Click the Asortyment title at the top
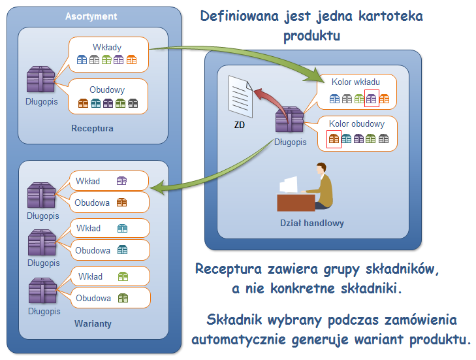[x=91, y=16]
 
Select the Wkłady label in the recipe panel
[x=108, y=47]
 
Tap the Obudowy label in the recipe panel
[x=106, y=90]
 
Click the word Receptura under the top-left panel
[x=92, y=128]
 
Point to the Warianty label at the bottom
[x=92, y=323]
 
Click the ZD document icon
[x=239, y=95]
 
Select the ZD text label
[x=239, y=125]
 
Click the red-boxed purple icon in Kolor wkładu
[x=372, y=99]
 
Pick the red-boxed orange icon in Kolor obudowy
[x=334, y=139]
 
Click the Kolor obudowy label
[x=357, y=123]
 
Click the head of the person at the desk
[x=321, y=169]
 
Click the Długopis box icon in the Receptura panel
[x=40, y=78]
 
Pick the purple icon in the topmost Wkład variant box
[x=121, y=181]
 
